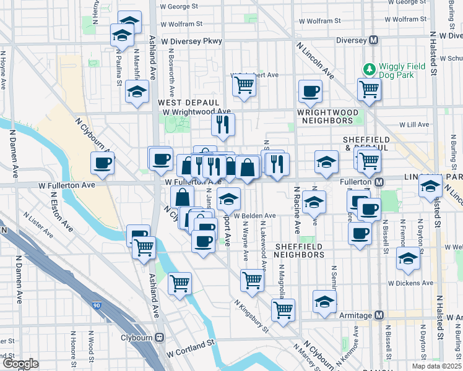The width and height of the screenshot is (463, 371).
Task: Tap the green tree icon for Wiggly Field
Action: [x=369, y=68]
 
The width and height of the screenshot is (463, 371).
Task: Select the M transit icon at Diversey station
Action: [x=373, y=40]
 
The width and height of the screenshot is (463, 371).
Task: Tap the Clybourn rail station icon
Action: [x=160, y=338]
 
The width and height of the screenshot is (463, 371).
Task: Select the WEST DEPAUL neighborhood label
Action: [x=188, y=102]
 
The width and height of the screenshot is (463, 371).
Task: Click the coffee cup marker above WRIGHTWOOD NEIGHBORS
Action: [x=310, y=92]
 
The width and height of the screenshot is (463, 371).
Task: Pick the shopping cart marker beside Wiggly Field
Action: [x=369, y=90]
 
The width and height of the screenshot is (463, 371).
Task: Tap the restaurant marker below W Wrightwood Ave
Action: [x=223, y=124]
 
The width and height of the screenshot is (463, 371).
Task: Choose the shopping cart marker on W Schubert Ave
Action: [x=244, y=85]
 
